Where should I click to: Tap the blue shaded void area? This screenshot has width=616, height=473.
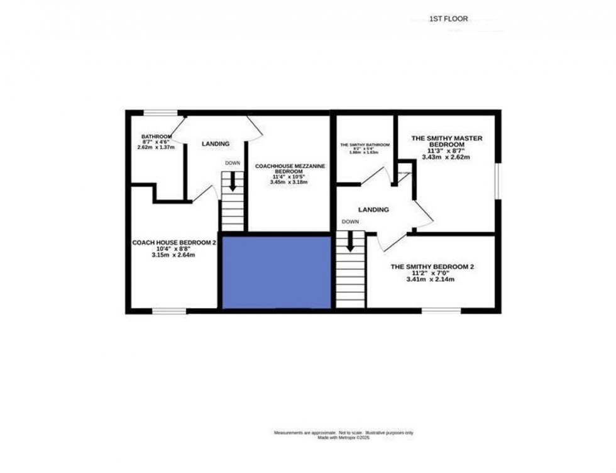pos(277,272)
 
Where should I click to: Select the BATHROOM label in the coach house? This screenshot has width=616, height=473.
pos(157,136)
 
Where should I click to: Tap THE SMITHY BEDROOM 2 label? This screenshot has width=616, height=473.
pos(432,267)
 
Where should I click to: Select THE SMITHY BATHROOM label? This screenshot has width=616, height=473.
pos(365,145)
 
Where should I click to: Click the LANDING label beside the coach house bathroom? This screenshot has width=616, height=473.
pos(215,144)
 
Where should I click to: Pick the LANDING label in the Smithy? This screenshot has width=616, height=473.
pos(373,209)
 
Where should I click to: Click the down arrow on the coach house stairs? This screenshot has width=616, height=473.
pos(233,182)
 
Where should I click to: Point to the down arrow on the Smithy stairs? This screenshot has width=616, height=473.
pos(350,241)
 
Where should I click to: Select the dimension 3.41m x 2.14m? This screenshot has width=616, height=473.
pos(432,279)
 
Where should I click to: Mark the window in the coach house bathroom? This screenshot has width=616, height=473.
pos(160,113)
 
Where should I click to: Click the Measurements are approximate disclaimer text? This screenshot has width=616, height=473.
pos(343,433)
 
